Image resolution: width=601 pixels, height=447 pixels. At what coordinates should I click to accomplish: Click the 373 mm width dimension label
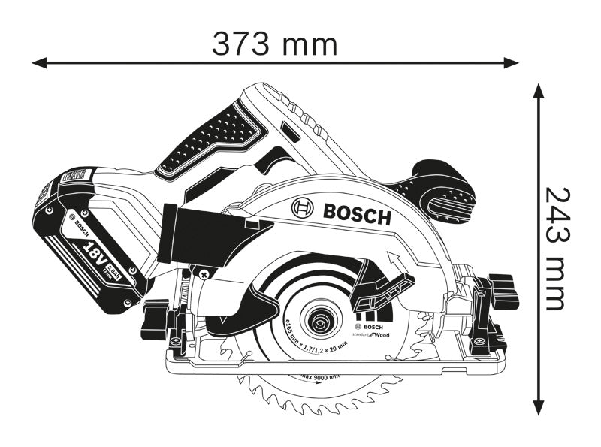(x=274, y=44)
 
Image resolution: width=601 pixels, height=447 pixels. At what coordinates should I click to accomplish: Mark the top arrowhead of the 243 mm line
(x=538, y=90)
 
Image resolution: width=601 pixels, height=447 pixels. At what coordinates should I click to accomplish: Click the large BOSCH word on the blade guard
(x=357, y=214)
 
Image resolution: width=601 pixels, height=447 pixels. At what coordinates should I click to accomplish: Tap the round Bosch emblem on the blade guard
(x=303, y=207)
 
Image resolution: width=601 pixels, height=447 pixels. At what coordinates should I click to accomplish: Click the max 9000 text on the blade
(x=319, y=376)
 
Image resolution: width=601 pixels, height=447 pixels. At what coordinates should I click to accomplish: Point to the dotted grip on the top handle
(x=218, y=135)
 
